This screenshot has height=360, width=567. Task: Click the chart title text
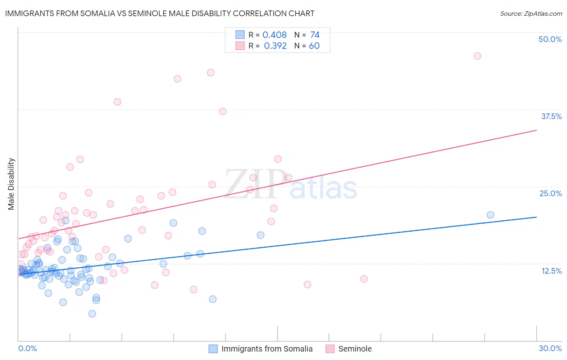[160, 13]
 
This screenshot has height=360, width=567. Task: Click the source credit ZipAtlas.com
[531, 13]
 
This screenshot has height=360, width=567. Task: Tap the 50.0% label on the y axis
[550, 39]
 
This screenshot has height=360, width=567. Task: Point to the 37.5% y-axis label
[551, 116]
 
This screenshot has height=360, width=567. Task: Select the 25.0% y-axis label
[550, 193]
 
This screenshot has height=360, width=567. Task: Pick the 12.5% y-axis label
[551, 271]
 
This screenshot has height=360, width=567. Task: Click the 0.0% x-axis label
[27, 348]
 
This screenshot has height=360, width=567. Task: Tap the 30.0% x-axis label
[550, 348]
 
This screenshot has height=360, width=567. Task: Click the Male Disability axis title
[11, 184]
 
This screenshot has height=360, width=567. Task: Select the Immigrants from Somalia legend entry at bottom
[267, 349]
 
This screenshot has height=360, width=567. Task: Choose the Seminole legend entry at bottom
[354, 349]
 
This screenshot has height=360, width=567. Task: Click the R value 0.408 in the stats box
[274, 35]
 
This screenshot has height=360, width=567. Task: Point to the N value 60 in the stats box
[314, 46]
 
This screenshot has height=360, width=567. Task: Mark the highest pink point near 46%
[477, 56]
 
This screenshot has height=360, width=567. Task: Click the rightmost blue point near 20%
[490, 215]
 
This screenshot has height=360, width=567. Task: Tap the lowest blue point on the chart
[92, 314]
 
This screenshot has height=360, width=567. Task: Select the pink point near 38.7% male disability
[117, 102]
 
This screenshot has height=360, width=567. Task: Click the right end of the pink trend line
[536, 130]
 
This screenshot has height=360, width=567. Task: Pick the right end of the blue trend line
[536, 217]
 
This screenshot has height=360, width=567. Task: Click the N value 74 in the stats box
[315, 35]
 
